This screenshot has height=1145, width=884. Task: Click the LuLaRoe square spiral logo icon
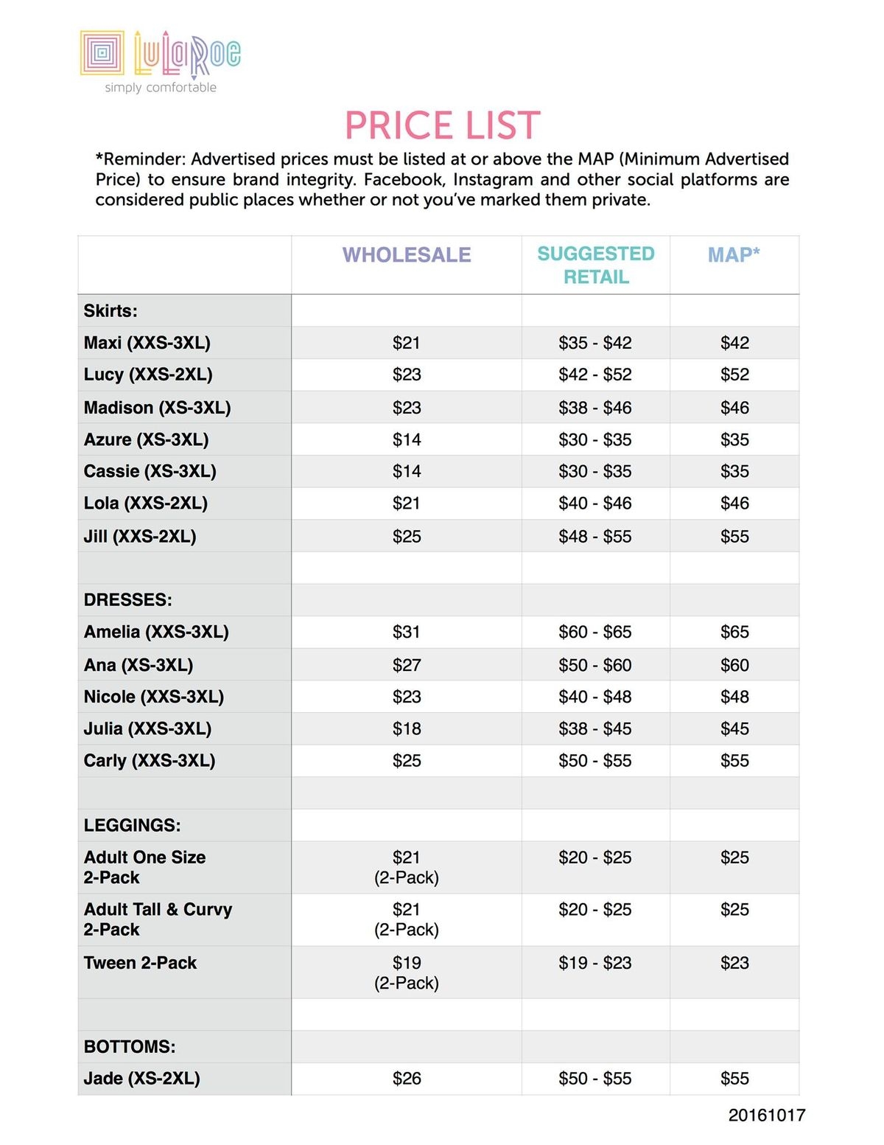102,52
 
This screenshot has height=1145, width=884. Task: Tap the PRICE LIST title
443,125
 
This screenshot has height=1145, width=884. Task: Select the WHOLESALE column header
407,255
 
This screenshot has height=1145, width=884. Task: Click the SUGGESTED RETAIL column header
596,265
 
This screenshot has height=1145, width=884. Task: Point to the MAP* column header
734,255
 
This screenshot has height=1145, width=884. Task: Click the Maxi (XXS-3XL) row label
147,343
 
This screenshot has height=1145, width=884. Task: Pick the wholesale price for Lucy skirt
407,375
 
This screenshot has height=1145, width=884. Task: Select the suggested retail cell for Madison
595,408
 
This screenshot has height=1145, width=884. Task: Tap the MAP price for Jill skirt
734,537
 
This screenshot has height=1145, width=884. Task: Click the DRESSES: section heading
128,600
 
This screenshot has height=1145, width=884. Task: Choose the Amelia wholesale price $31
407,632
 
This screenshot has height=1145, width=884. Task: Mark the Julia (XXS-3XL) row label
148,729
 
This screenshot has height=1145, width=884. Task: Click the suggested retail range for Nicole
595,697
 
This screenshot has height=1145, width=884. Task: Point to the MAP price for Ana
734,665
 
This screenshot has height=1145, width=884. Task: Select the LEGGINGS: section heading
133,826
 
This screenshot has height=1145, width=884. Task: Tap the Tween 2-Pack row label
141,963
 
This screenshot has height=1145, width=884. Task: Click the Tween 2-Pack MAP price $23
734,963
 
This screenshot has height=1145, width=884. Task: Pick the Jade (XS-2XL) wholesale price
407,1079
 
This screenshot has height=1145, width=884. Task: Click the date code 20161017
767,1116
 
